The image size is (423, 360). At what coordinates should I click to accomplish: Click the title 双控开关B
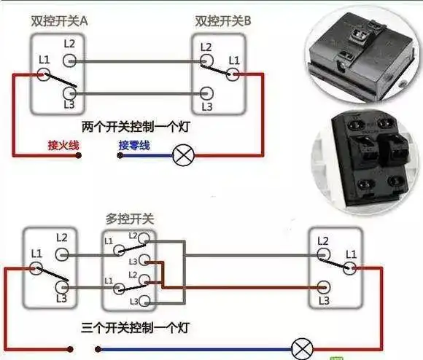pyautogui.click(x=223, y=22)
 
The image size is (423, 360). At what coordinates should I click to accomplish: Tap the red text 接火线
pyautogui.click(x=63, y=146)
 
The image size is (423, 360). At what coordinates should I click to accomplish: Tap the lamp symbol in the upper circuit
pyautogui.click(x=181, y=154)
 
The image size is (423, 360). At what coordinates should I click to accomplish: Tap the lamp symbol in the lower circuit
pyautogui.click(x=299, y=348)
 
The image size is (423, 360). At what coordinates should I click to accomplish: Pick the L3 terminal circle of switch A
pyautogui.click(x=69, y=93)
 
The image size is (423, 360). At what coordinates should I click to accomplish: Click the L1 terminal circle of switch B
pyautogui.click(x=234, y=73)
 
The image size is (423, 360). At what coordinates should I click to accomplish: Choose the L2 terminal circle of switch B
pyautogui.click(x=206, y=61)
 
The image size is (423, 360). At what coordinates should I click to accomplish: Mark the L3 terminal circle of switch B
pyautogui.click(x=206, y=93)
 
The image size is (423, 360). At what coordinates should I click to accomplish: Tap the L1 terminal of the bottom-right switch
pyautogui.click(x=352, y=267)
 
